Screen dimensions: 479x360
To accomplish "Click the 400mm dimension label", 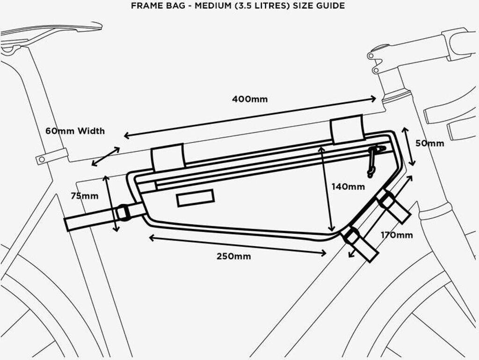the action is (250, 99).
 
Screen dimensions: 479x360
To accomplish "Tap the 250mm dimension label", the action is (233, 256).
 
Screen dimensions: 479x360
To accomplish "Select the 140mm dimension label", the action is (348, 186).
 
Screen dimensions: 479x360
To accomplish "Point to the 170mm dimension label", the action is (396, 235).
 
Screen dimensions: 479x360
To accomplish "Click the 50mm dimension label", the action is (429, 143).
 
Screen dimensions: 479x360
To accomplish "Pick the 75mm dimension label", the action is (84, 196).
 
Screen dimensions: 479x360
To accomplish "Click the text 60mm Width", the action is (75, 131).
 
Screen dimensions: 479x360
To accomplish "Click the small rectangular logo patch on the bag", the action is (195, 198).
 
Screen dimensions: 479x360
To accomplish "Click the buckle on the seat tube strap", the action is (123, 212).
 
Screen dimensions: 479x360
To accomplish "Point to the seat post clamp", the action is (51, 156).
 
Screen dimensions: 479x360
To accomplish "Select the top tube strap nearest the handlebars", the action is (347, 129).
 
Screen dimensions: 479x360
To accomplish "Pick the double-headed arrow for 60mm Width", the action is (105, 157).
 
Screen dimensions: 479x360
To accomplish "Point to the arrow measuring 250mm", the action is (238, 245).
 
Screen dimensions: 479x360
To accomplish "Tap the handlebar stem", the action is (412, 47).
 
